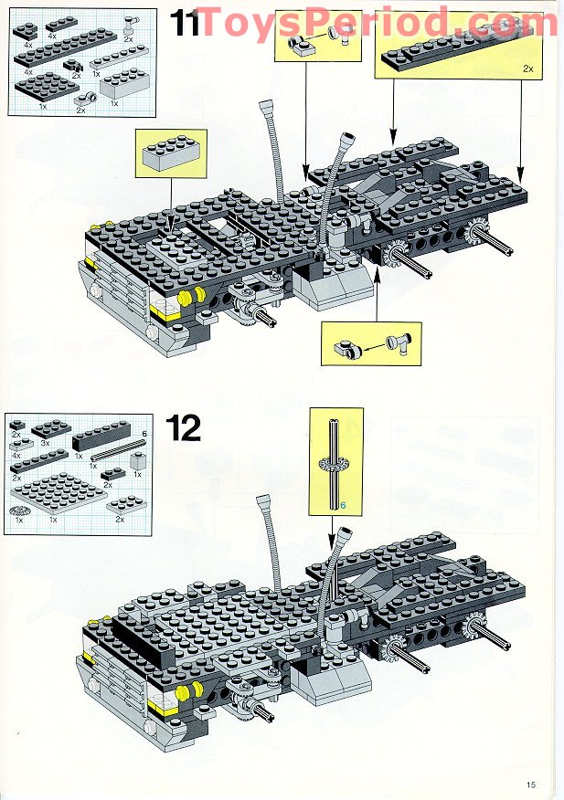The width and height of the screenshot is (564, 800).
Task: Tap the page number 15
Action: tap(531, 784)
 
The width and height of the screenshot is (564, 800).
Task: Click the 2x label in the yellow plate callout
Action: tap(527, 68)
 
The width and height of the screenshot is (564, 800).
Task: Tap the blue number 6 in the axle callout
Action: tap(344, 505)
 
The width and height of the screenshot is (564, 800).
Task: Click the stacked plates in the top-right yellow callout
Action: tap(452, 54)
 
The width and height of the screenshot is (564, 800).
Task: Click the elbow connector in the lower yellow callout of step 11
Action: tap(400, 343)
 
